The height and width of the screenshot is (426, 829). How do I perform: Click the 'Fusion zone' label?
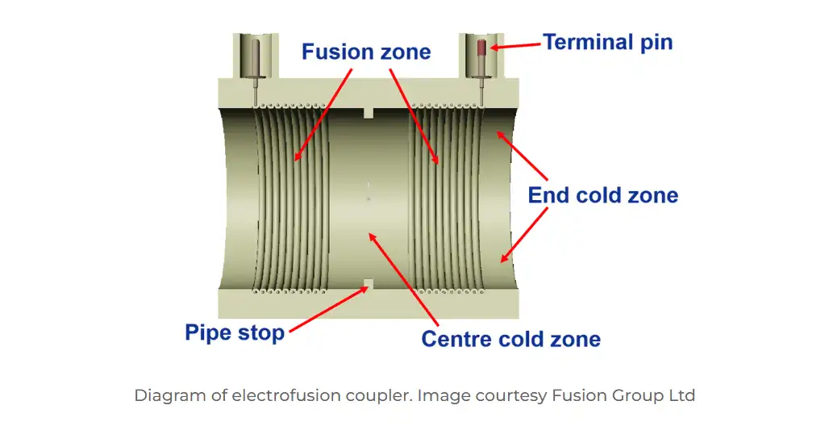pyautogui.click(x=366, y=52)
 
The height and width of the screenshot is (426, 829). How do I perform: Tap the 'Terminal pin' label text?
pyautogui.click(x=607, y=42)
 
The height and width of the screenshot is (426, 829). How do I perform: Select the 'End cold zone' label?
pyautogui.click(x=602, y=194)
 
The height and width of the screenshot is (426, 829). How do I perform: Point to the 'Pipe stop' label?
pyautogui.click(x=235, y=332)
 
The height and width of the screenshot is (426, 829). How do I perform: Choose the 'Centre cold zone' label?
pyautogui.click(x=510, y=338)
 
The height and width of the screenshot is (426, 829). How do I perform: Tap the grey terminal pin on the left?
pyautogui.click(x=256, y=58)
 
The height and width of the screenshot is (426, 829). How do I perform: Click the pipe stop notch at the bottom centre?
pyautogui.click(x=368, y=284)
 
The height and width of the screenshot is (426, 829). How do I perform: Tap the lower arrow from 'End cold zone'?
pyautogui.click(x=523, y=235)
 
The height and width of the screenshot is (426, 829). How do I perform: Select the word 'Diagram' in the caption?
pyautogui.click(x=167, y=395)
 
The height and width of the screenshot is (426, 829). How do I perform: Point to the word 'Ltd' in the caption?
pyautogui.click(x=682, y=395)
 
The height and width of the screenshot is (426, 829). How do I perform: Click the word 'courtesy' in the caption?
pyautogui.click(x=512, y=395)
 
